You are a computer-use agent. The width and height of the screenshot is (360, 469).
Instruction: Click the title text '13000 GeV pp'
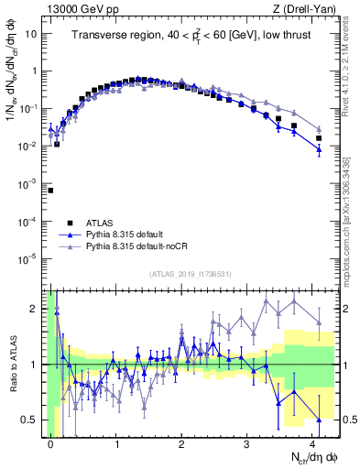(x=77, y=9)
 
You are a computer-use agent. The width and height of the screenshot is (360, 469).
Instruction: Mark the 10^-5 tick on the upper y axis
(x=31, y=259)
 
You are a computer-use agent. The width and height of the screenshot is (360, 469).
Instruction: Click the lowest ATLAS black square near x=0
(x=50, y=191)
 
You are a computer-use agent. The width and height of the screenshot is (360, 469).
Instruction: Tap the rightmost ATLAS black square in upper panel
(x=319, y=138)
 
